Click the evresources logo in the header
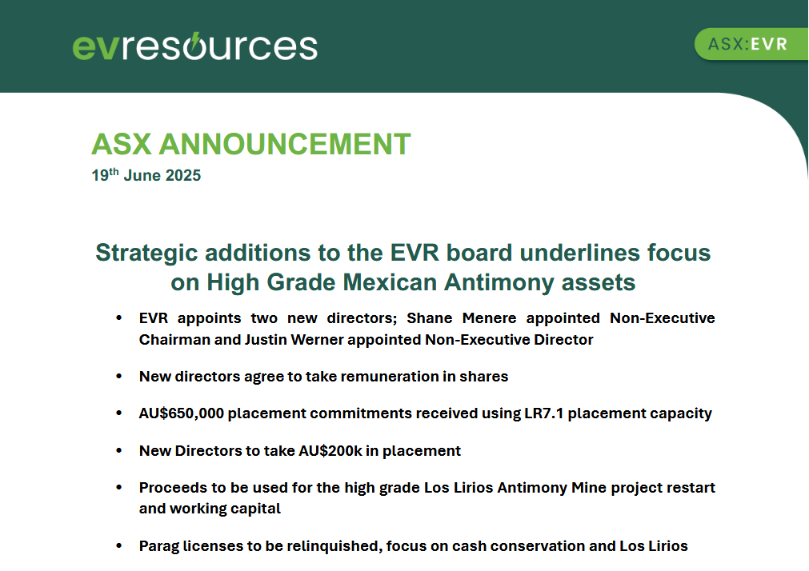pos(194,46)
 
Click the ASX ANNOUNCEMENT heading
pos(251,144)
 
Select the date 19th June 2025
pos(146,175)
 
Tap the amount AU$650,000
pos(181,413)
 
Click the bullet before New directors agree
pos(119,376)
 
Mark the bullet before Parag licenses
pos(119,545)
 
